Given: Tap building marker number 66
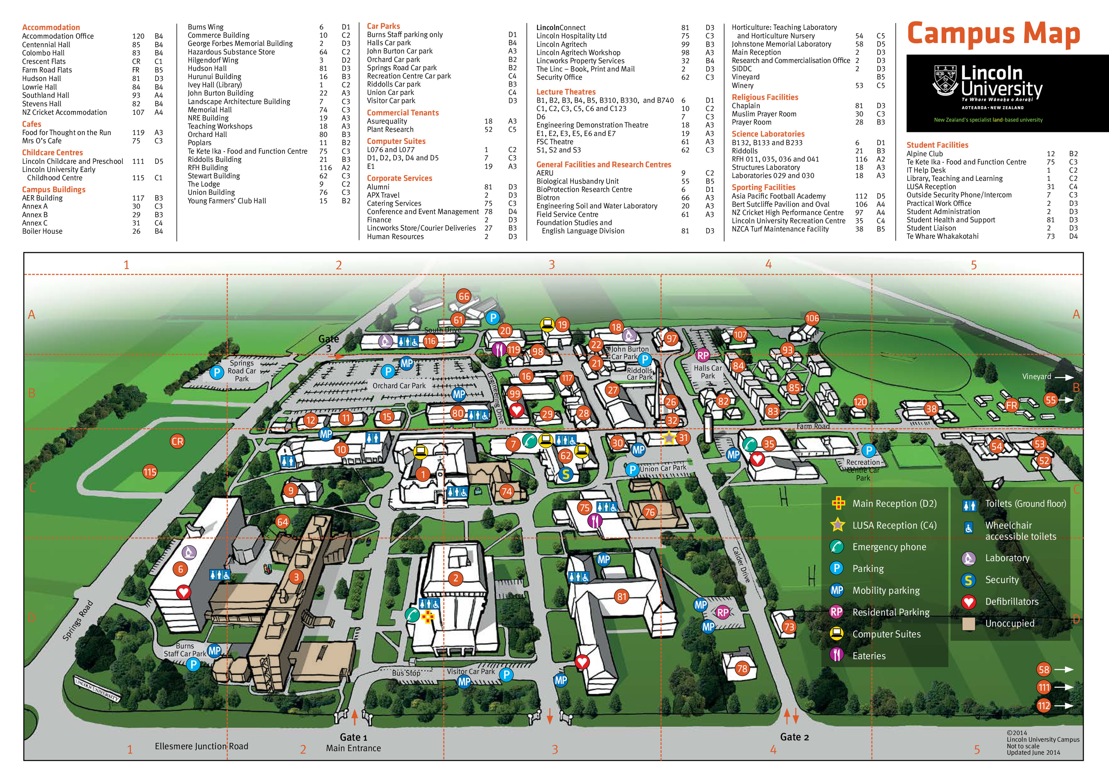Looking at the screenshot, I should pos(464,296).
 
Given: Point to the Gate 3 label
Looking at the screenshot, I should pos(328,343).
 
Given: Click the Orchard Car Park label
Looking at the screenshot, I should pos(399,386).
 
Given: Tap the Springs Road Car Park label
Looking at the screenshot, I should pos(242,371).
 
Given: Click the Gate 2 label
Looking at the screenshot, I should pos(794,737).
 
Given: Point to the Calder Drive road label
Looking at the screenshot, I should pos(741,564).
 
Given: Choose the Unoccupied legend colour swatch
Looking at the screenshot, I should pos(968,624).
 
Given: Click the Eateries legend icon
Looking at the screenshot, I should pos(837,656).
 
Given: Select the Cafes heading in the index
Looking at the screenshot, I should pos(32,124).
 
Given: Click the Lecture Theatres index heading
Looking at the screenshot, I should pos(566,92).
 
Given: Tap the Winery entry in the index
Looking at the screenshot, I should pos(742,85).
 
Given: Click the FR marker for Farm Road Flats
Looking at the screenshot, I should pos(1011,406).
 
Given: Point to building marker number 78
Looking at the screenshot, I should pos(742,669).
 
